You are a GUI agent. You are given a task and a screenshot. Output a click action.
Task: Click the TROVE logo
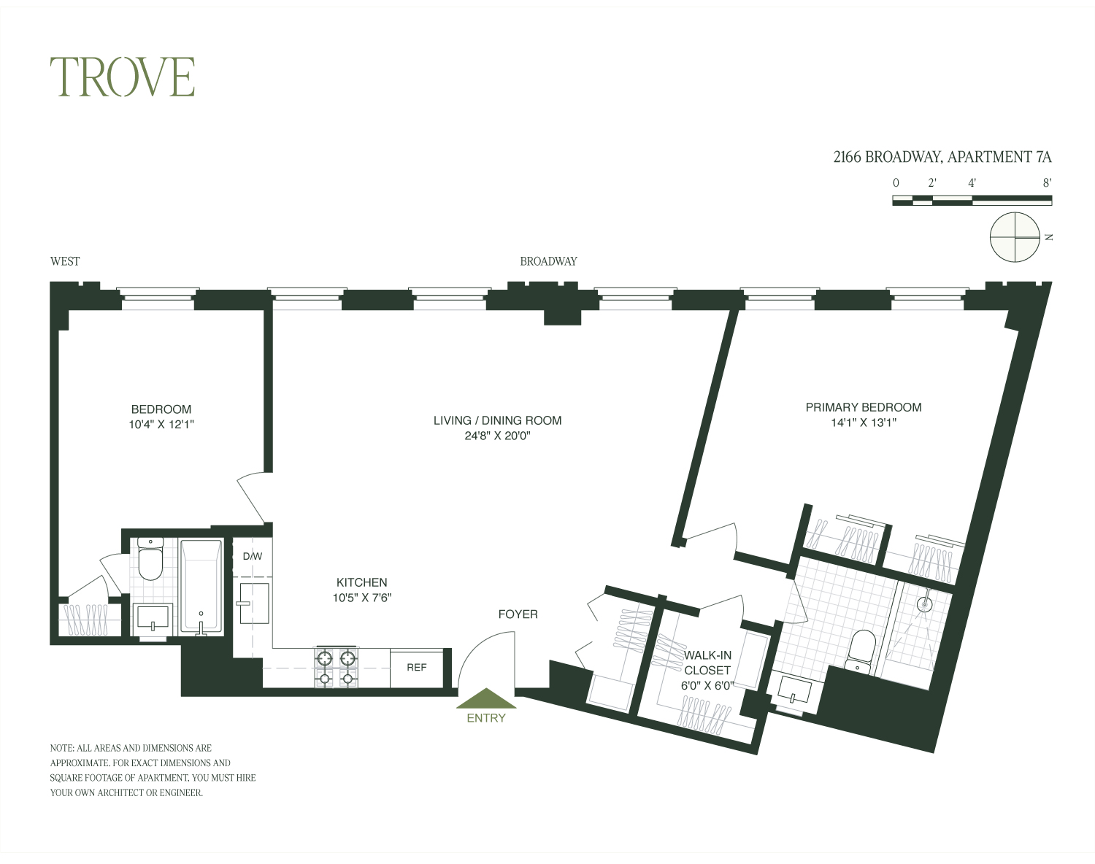click(122, 77)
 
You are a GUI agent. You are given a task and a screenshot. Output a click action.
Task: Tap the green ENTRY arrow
click(486, 699)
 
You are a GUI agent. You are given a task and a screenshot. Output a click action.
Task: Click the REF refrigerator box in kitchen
click(416, 667)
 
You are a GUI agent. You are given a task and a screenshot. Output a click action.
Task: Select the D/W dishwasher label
click(252, 557)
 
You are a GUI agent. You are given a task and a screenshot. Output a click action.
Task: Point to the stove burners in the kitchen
click(337, 668)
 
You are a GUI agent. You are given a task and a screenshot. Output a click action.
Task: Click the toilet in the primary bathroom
click(860, 649)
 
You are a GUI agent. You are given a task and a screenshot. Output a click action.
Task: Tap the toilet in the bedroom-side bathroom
click(150, 560)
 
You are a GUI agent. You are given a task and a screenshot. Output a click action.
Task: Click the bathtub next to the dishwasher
click(200, 587)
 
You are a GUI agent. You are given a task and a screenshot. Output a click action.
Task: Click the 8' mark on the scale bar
click(1047, 184)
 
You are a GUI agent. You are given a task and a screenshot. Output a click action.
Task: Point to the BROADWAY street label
click(548, 261)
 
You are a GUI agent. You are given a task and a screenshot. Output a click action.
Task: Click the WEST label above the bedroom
click(65, 261)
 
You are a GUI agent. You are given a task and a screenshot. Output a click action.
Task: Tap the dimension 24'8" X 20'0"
click(497, 436)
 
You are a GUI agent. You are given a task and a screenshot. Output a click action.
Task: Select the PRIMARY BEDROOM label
click(863, 407)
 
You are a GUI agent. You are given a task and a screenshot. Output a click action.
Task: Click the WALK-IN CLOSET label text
click(707, 663)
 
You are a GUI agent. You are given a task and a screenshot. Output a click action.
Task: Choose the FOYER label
click(518, 614)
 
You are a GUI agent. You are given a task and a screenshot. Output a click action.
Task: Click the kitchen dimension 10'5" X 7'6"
click(361, 598)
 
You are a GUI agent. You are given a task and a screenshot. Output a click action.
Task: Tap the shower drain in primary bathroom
click(924, 604)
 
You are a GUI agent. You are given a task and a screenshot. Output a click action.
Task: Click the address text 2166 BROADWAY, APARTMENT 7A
click(942, 157)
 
